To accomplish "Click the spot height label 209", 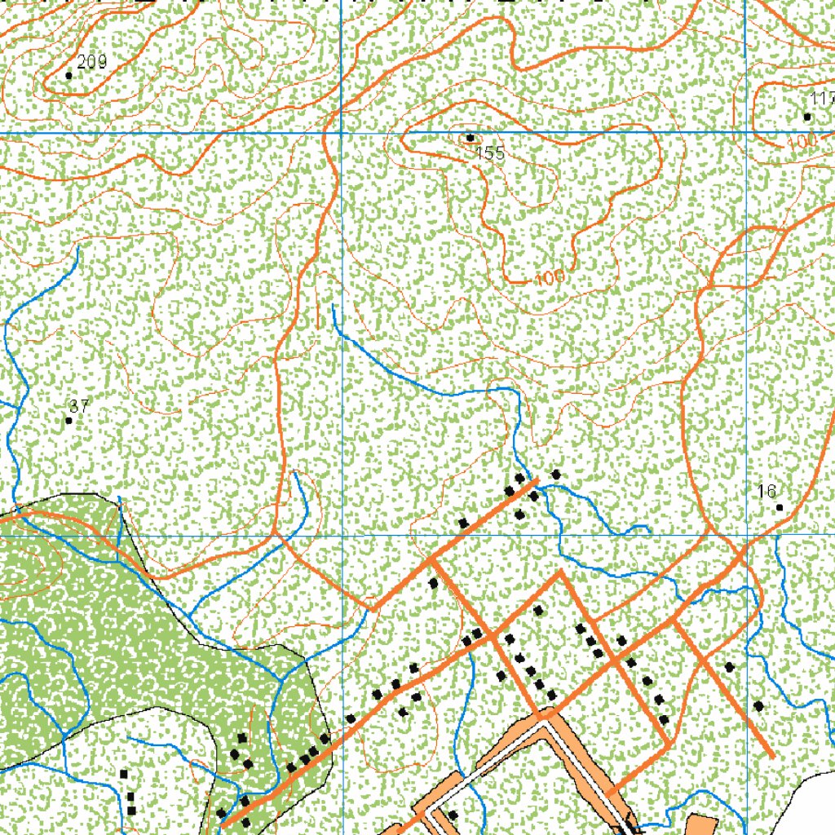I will click(92, 61).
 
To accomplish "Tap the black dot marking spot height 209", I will click(68, 75).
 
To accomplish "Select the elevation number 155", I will click(491, 153).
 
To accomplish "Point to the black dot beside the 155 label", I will click(470, 137).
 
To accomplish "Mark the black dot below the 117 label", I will click(807, 117).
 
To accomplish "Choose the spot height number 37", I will click(79, 406).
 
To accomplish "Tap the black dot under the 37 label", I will click(68, 421).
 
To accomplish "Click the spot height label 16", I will click(766, 491).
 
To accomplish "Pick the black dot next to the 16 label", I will click(780, 507).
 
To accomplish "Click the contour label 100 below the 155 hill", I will click(550, 278).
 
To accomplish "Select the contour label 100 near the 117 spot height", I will click(803, 141).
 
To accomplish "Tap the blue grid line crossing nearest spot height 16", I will click(746, 536).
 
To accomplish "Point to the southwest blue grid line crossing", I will click(340, 536).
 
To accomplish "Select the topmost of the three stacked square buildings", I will click(124, 774).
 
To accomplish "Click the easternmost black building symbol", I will click(758, 705).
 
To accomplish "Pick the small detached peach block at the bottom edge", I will click(702, 825).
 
